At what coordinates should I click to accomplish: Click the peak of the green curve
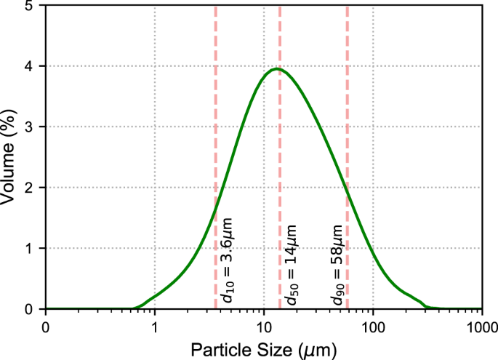point(276,69)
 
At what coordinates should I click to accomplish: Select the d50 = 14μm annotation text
point(292,265)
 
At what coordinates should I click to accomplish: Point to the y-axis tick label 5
point(29,6)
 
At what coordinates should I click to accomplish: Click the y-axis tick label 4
point(29,66)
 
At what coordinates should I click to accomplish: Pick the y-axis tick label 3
point(29,127)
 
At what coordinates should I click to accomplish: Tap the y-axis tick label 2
point(29,188)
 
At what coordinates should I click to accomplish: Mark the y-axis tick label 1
point(29,249)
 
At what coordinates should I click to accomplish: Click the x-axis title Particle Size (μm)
point(264,349)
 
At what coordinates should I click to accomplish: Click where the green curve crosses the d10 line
point(216,209)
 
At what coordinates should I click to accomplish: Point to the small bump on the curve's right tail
point(411,297)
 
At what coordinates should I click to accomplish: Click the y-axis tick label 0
point(29,309)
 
